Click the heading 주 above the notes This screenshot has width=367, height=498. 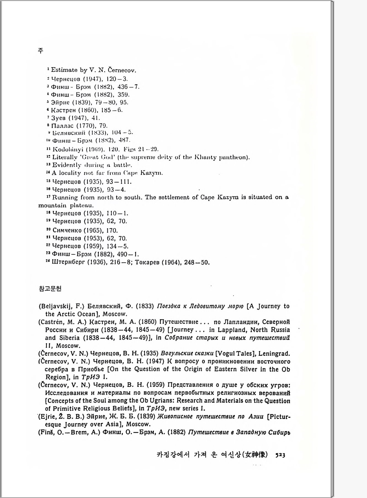tap(41, 50)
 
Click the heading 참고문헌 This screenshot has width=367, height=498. tap(50, 288)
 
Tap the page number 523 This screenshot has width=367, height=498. tap(280, 455)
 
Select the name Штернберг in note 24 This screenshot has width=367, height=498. tap(68, 262)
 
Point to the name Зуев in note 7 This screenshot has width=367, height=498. tap(58, 118)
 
